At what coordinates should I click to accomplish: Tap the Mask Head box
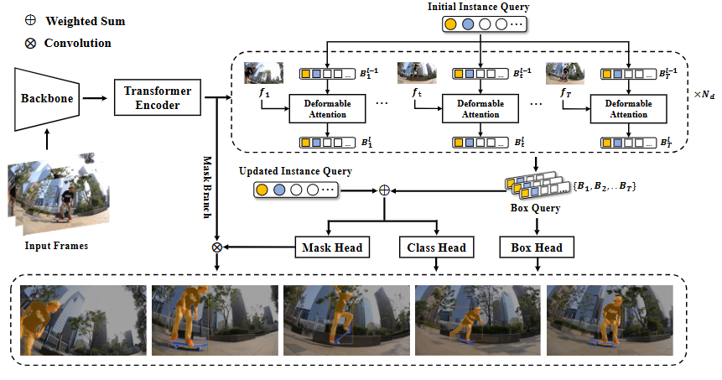point(329,247)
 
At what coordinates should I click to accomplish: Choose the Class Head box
point(436,247)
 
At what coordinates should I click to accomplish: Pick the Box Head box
point(537,247)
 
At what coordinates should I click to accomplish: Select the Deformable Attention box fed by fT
point(628,108)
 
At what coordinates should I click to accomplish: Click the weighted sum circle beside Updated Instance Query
point(385,190)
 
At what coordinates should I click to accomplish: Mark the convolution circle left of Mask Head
point(217,247)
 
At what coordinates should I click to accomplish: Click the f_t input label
point(417,94)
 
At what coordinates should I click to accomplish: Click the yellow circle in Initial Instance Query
point(450,25)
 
